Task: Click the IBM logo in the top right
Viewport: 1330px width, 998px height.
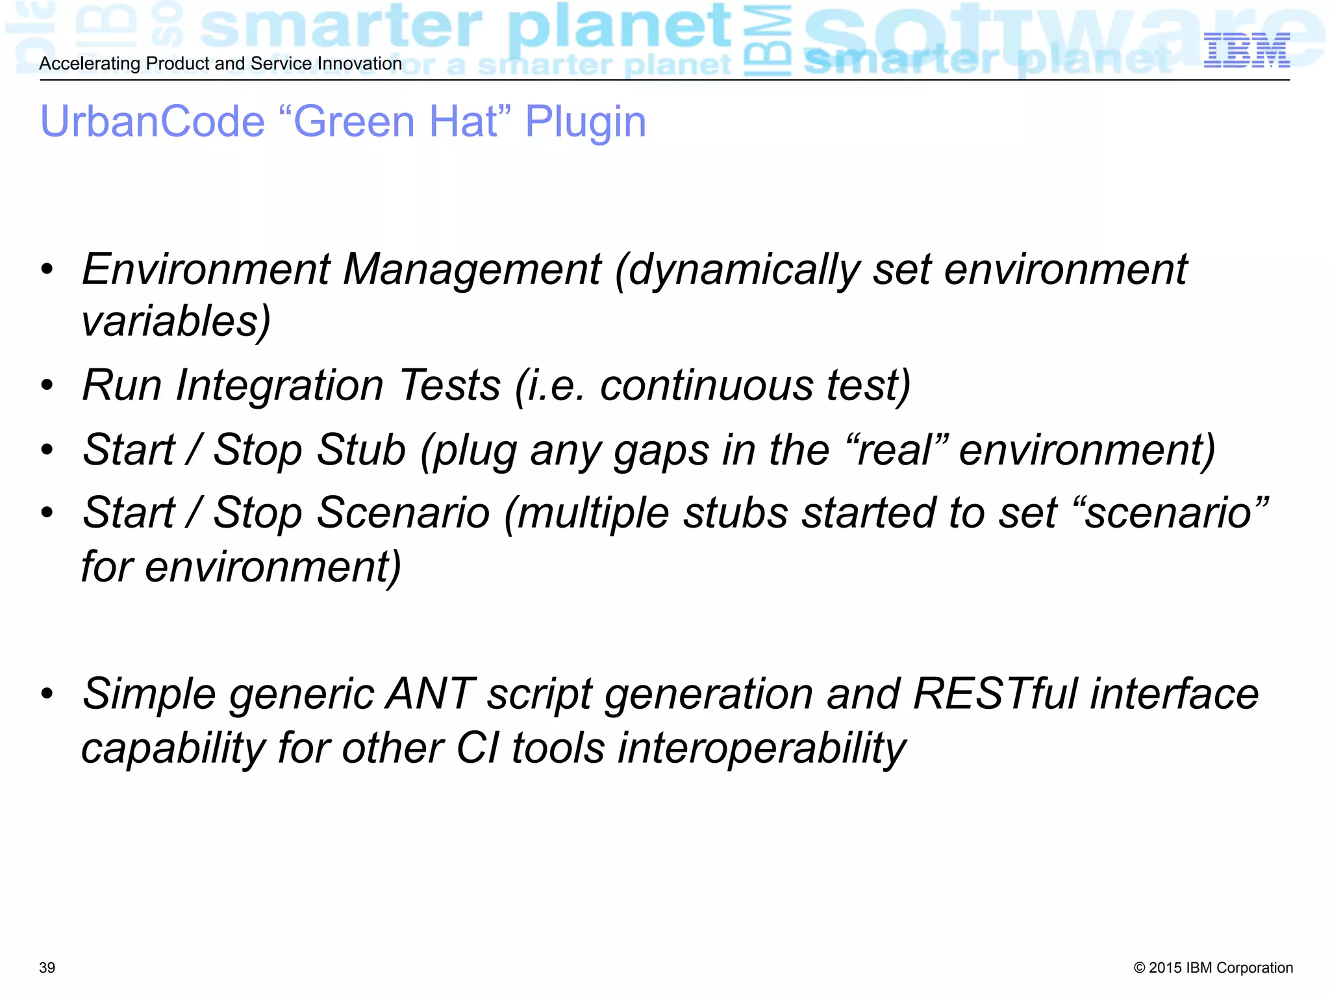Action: (x=1246, y=51)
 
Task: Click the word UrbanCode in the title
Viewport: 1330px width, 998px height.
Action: (x=153, y=122)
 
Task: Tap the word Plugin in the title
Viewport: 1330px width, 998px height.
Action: (x=585, y=122)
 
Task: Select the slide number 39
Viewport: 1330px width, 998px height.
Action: (x=47, y=967)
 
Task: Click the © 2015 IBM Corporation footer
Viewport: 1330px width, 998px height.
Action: (x=1213, y=967)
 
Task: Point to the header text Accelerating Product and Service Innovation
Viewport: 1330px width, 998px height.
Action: (x=221, y=64)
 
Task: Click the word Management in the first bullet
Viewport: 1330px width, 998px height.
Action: (x=472, y=270)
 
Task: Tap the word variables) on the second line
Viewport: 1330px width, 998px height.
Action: (x=176, y=322)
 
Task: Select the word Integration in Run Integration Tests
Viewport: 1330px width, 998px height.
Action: (x=280, y=386)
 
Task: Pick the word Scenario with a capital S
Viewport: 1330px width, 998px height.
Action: (x=403, y=513)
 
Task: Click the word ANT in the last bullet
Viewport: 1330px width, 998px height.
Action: (x=430, y=694)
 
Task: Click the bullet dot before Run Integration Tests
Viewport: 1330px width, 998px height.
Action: (x=47, y=386)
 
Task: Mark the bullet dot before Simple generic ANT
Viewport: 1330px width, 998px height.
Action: (x=47, y=694)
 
